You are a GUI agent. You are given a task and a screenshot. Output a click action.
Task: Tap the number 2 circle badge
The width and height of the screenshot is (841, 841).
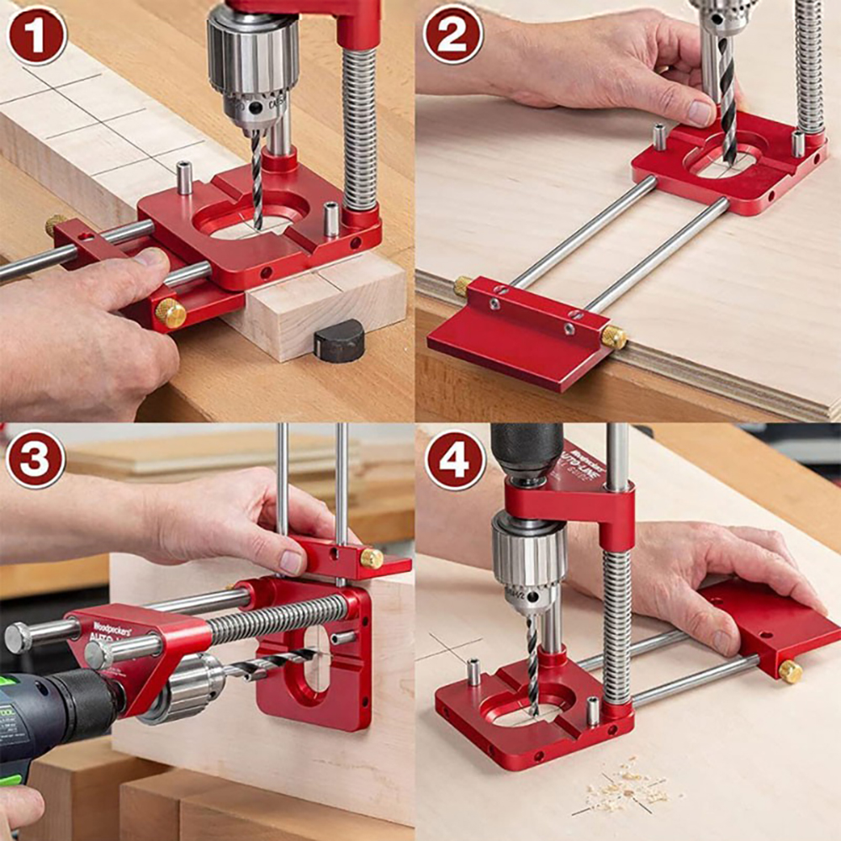(x=453, y=34)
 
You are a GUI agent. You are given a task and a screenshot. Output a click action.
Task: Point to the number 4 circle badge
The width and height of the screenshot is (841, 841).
(x=455, y=460)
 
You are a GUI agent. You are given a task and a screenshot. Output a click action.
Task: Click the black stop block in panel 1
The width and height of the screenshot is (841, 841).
(x=339, y=341)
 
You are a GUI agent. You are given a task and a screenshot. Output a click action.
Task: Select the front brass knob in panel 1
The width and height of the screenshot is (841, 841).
(x=171, y=313)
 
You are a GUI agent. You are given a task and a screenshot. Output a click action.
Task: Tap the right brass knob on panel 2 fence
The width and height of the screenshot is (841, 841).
(x=614, y=337)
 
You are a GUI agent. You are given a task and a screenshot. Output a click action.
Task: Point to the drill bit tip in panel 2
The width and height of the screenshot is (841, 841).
(x=729, y=156)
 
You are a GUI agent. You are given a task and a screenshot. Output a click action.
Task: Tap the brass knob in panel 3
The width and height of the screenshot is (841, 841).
(x=371, y=558)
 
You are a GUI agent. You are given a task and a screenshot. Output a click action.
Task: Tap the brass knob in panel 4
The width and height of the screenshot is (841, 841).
(x=790, y=671)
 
